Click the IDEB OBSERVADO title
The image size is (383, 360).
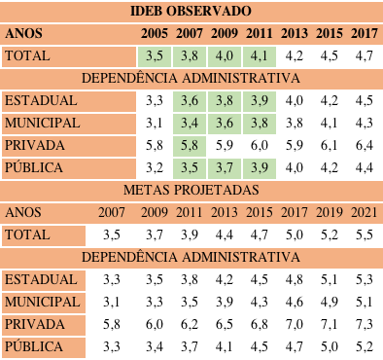tap(191, 11)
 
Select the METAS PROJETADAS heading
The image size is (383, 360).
tap(191, 189)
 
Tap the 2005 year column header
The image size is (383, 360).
tap(154, 33)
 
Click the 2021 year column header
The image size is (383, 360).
tap(364, 211)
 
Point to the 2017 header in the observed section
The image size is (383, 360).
tap(364, 33)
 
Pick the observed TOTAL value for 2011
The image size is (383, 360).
tap(259, 55)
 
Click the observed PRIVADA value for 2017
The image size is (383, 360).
tap(364, 145)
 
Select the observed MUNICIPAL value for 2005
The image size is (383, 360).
tap(154, 123)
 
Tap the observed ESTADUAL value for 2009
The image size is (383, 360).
tap(225, 100)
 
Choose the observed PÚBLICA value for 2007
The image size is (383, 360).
tap(190, 167)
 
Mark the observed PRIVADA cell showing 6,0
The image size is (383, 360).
tap(259, 145)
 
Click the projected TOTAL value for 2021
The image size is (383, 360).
tap(364, 234)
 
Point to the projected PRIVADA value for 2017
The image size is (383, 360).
tap(294, 323)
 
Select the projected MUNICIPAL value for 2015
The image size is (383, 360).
tap(259, 301)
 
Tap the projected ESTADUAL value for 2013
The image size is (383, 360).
tap(225, 279)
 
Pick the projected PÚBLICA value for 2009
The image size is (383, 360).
tap(154, 345)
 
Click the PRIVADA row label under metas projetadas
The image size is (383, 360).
tap(34, 323)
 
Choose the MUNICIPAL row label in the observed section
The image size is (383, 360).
tap(42, 123)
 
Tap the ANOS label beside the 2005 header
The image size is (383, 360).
tap(24, 33)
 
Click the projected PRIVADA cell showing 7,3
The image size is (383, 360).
tap(364, 323)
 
